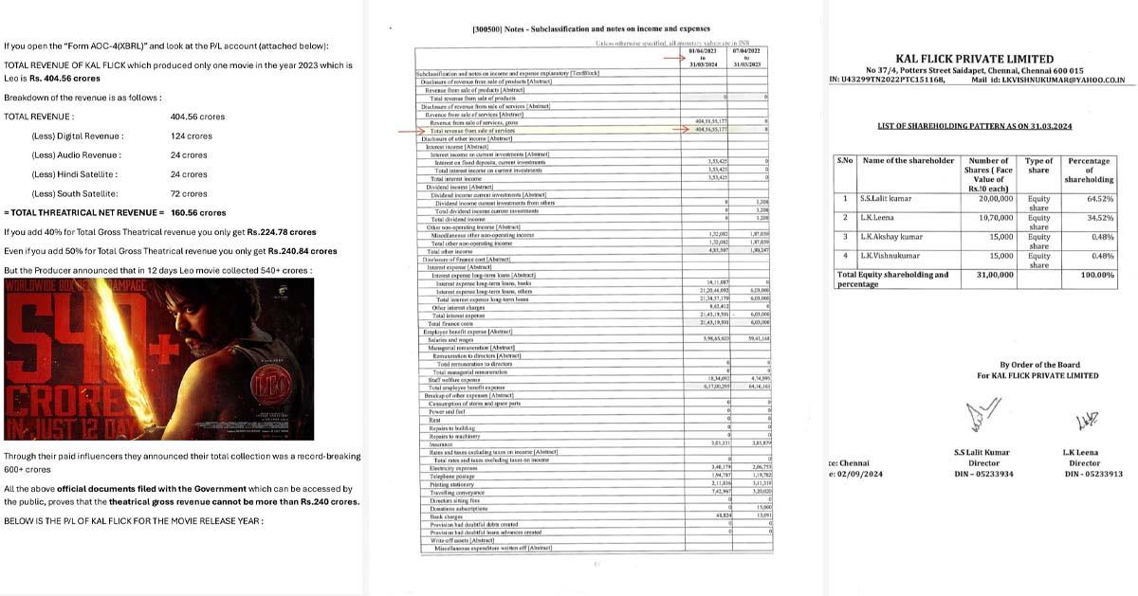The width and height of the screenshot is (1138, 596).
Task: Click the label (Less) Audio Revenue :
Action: [77, 155]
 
